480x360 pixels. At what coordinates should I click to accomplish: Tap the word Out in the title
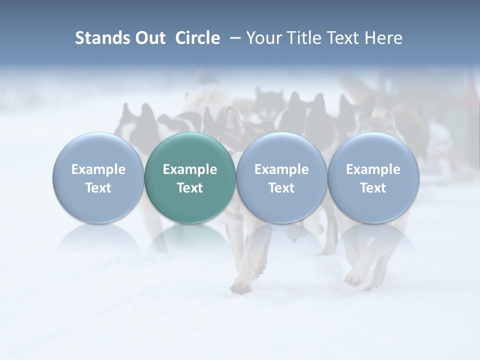coord(149,38)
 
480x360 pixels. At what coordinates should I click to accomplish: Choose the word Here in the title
coord(383,38)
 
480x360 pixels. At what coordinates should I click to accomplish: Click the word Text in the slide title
coord(342,38)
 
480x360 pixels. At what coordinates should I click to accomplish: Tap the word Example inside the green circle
coord(190,169)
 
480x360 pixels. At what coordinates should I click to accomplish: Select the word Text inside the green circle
coord(190,188)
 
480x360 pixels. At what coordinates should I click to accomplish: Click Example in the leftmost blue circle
coord(98,169)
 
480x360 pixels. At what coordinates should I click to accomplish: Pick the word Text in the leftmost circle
coord(98,188)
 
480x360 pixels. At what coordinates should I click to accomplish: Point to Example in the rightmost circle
coord(373,169)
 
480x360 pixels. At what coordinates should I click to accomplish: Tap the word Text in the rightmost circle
coord(373,188)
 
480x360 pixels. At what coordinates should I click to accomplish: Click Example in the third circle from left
coord(281,169)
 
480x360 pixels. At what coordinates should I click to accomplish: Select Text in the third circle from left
coord(281,188)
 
